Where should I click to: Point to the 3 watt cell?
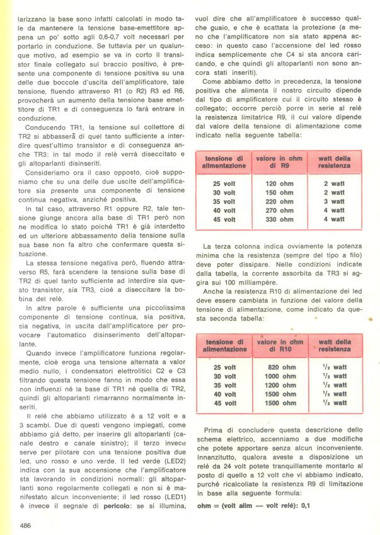tap(334, 202)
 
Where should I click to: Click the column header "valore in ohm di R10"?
tap(280, 345)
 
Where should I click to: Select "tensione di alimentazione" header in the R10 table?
tap(224, 345)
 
